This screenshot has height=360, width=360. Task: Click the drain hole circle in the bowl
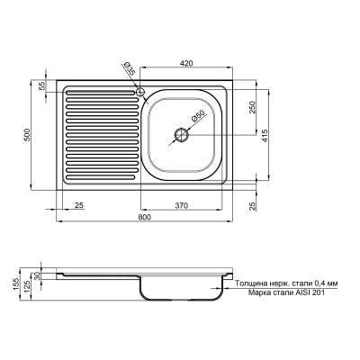pyautogui.click(x=182, y=135)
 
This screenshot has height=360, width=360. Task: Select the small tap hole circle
pyautogui.click(x=139, y=91)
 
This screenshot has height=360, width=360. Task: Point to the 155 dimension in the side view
pyautogui.click(x=16, y=285)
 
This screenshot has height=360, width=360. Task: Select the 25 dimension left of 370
pyautogui.click(x=79, y=206)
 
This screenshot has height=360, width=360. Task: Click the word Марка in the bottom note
pyautogui.click(x=248, y=292)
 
